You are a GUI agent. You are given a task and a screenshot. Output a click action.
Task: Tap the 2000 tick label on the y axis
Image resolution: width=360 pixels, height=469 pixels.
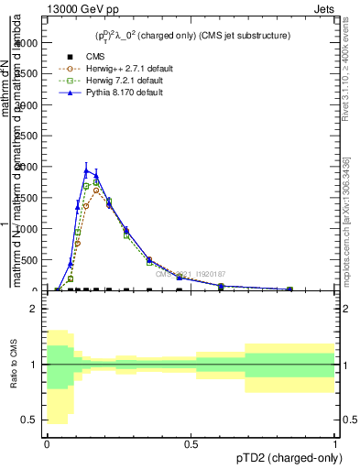[29, 167]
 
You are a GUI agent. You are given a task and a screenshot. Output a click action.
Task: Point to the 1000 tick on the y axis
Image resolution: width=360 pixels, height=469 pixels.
[29, 229]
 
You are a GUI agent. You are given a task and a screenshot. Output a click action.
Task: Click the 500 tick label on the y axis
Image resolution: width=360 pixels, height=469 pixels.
[32, 260]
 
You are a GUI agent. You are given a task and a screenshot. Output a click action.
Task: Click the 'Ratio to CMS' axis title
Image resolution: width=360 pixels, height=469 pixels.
[14, 365]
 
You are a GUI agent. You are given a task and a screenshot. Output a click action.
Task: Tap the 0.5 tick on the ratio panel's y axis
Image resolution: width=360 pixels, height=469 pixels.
[32, 420]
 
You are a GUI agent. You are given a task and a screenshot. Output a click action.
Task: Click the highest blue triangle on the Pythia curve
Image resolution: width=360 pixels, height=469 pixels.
[87, 169]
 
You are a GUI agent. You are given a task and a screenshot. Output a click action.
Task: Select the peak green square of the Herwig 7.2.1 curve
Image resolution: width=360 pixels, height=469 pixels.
[96, 182]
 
